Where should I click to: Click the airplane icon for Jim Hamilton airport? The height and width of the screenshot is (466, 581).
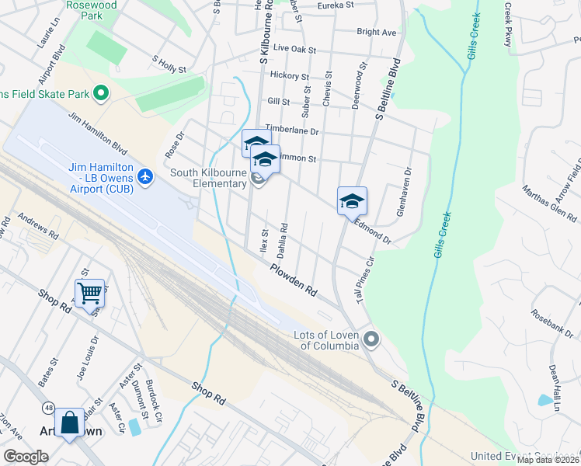pos(144,177)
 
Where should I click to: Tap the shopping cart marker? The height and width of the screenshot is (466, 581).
pos(90,294)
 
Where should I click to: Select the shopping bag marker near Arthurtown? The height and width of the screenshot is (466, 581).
pos(69,423)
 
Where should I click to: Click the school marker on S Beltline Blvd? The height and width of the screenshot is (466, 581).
pos(352,201)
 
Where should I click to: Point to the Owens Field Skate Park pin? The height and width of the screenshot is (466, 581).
pos(100,94)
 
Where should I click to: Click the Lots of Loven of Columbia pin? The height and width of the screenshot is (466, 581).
pos(372,339)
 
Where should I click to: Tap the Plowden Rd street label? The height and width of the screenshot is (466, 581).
pos(294,280)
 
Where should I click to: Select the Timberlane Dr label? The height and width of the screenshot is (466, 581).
pos(292,130)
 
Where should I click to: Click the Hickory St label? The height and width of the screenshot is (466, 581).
pos(290,76)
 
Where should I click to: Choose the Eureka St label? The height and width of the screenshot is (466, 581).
pos(335,5)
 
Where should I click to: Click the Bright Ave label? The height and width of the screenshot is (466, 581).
pos(377,33)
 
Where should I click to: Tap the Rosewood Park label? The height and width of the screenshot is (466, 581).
pos(93,9)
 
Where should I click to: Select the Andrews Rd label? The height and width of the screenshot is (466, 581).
pos(38,226)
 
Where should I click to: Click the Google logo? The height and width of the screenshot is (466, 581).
pos(26,457)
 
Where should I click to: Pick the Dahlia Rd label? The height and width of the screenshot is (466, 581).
pos(284,240)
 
